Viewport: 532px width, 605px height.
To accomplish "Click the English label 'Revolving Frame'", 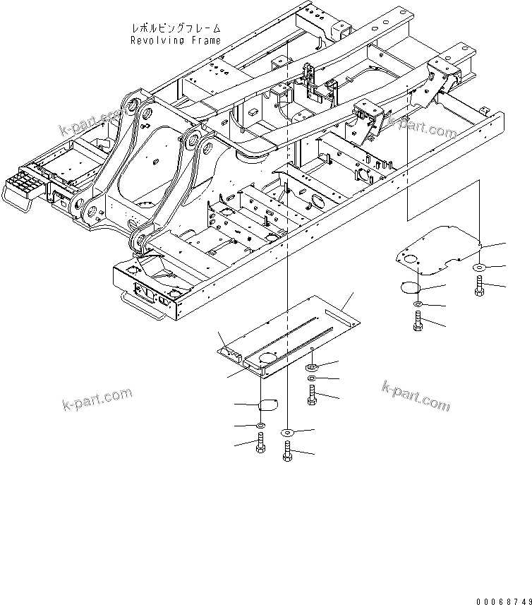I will (x=175, y=40).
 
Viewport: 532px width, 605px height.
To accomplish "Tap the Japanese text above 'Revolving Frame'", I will (x=176, y=28).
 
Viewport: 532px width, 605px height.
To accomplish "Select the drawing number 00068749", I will (x=502, y=601).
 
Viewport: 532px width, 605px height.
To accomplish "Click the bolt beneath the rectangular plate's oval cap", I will (x=260, y=444).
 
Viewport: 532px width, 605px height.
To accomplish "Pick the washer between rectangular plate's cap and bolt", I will (x=260, y=426).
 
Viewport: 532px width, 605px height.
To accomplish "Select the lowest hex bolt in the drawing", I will (x=287, y=450).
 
